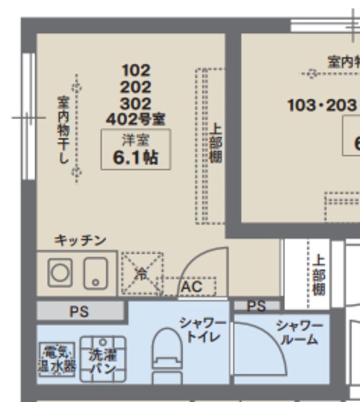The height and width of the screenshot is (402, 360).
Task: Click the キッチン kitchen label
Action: click(80, 241)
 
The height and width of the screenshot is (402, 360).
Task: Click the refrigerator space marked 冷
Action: click(141, 273)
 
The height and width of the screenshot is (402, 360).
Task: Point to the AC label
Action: click(191, 287)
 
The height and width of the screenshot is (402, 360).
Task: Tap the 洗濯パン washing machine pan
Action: click(102, 361)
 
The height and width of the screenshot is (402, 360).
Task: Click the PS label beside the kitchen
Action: click(79, 311)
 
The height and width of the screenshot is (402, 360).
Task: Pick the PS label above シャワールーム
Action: click(256, 307)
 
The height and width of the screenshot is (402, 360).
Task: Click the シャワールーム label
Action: click(299, 332)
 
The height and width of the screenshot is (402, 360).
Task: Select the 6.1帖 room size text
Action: click(135, 158)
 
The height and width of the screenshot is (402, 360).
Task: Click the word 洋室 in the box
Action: click(136, 139)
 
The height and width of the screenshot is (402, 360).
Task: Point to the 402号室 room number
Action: click(136, 118)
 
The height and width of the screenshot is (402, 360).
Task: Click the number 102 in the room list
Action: click(136, 70)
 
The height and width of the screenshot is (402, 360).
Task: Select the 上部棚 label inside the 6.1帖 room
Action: click(215, 143)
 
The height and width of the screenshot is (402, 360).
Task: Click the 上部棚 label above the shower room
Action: click(319, 275)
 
